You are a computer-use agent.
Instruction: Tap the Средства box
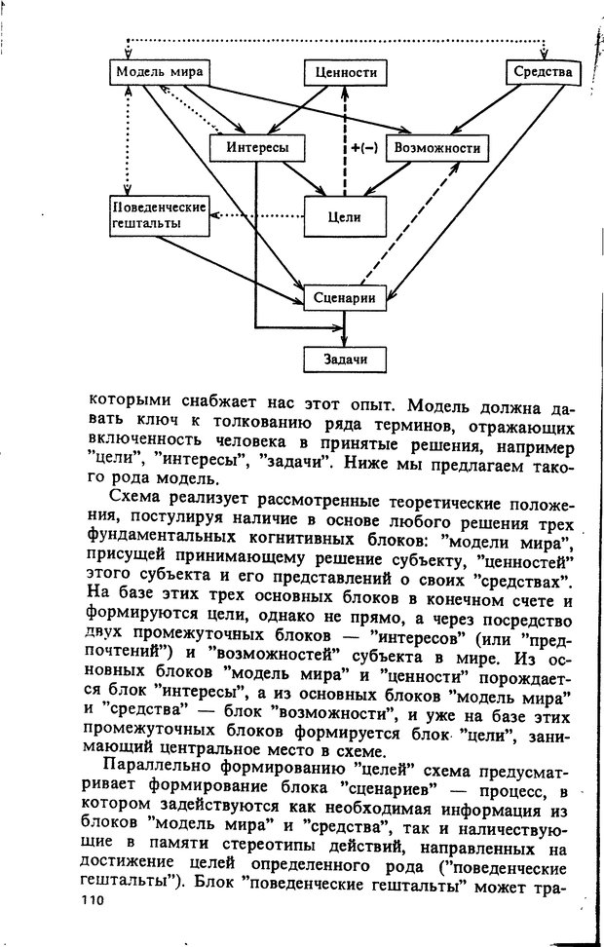[543, 73]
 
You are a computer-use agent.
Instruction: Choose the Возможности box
[436, 148]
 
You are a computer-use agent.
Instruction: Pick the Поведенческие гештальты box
[160, 216]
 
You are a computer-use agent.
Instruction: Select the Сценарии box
[346, 297]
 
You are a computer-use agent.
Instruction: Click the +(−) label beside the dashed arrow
[363, 148]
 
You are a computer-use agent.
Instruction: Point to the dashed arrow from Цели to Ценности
[342, 127]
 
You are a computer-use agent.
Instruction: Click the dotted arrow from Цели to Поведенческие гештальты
[258, 215]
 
